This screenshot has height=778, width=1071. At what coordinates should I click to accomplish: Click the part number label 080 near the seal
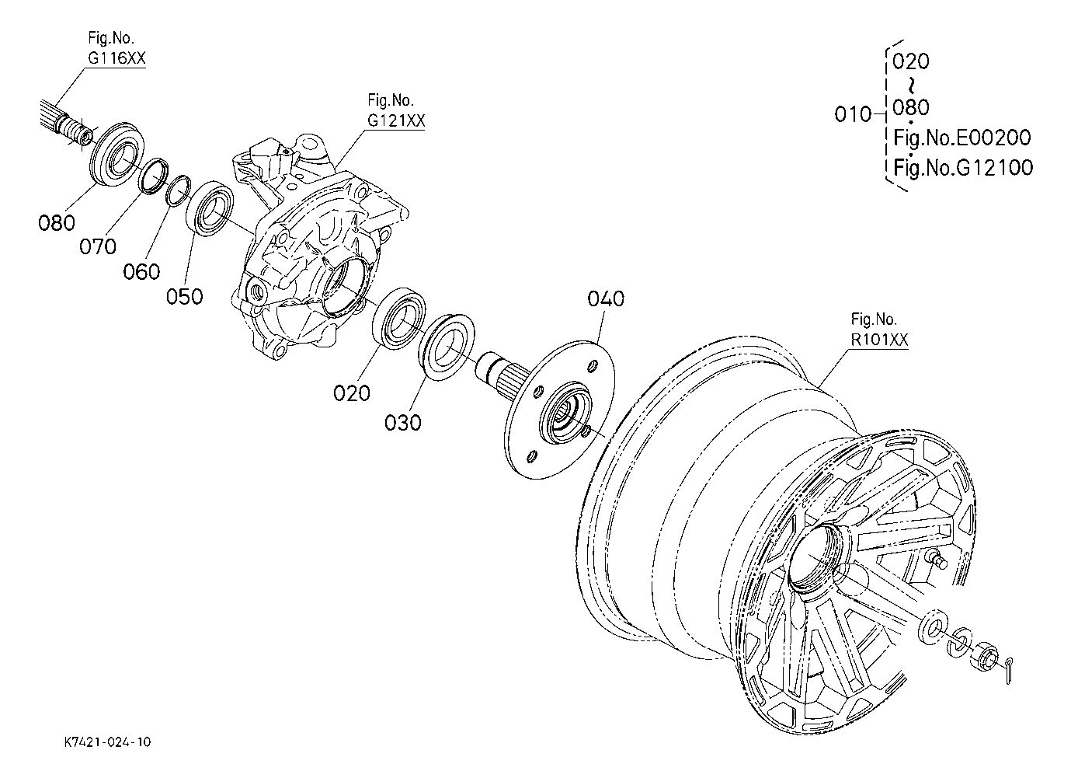point(57,222)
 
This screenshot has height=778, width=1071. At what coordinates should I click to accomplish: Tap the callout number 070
point(98,247)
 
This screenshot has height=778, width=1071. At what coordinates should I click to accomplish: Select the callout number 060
point(141,272)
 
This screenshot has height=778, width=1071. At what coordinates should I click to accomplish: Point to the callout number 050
point(185,297)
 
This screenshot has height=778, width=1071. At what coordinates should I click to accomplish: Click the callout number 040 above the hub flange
point(606,298)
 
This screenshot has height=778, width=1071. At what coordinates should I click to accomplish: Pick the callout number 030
point(403,423)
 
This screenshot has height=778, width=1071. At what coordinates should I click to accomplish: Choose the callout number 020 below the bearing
point(352,393)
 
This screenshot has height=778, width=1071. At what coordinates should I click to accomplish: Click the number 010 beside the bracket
point(853,114)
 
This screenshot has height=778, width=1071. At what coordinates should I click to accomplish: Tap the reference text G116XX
point(116,58)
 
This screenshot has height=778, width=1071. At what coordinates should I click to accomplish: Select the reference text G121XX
point(396,120)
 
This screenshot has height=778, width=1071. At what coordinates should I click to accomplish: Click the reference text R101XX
point(879,340)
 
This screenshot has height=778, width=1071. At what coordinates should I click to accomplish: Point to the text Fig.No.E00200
point(962,138)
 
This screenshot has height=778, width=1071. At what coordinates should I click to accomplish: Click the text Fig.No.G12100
point(963,167)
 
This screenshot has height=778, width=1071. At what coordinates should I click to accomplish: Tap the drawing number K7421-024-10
point(108,742)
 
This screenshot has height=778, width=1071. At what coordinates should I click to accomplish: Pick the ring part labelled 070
point(154,176)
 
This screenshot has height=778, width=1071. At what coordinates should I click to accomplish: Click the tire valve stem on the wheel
point(937,560)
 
